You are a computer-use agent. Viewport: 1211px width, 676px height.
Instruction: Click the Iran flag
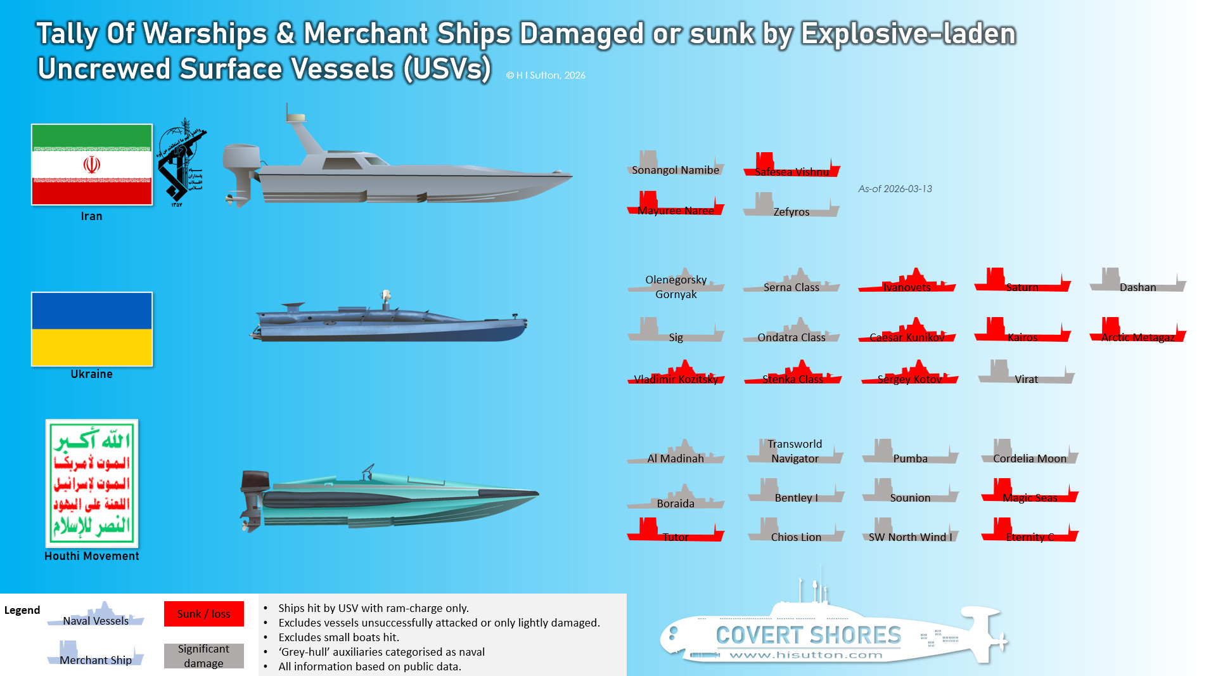[92, 164]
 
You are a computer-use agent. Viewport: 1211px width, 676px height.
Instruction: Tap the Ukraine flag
[92, 328]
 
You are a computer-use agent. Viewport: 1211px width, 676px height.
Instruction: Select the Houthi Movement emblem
[92, 483]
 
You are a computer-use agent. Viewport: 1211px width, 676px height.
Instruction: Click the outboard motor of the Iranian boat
[241, 171]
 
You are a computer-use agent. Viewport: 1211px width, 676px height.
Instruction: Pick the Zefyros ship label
[791, 212]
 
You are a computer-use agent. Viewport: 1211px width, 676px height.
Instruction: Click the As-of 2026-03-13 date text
[895, 189]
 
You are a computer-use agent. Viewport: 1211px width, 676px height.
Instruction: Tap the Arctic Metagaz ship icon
[1137, 330]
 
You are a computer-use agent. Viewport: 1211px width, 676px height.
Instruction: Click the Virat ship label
[1026, 379]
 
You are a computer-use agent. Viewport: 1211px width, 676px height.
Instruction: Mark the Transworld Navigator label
[795, 451]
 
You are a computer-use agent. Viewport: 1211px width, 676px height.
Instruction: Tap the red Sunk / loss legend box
[203, 614]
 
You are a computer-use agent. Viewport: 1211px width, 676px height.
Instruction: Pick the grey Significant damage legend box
[203, 656]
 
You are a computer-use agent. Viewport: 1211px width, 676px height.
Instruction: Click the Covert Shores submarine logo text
[808, 635]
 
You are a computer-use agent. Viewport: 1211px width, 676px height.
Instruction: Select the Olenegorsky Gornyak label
[676, 287]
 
